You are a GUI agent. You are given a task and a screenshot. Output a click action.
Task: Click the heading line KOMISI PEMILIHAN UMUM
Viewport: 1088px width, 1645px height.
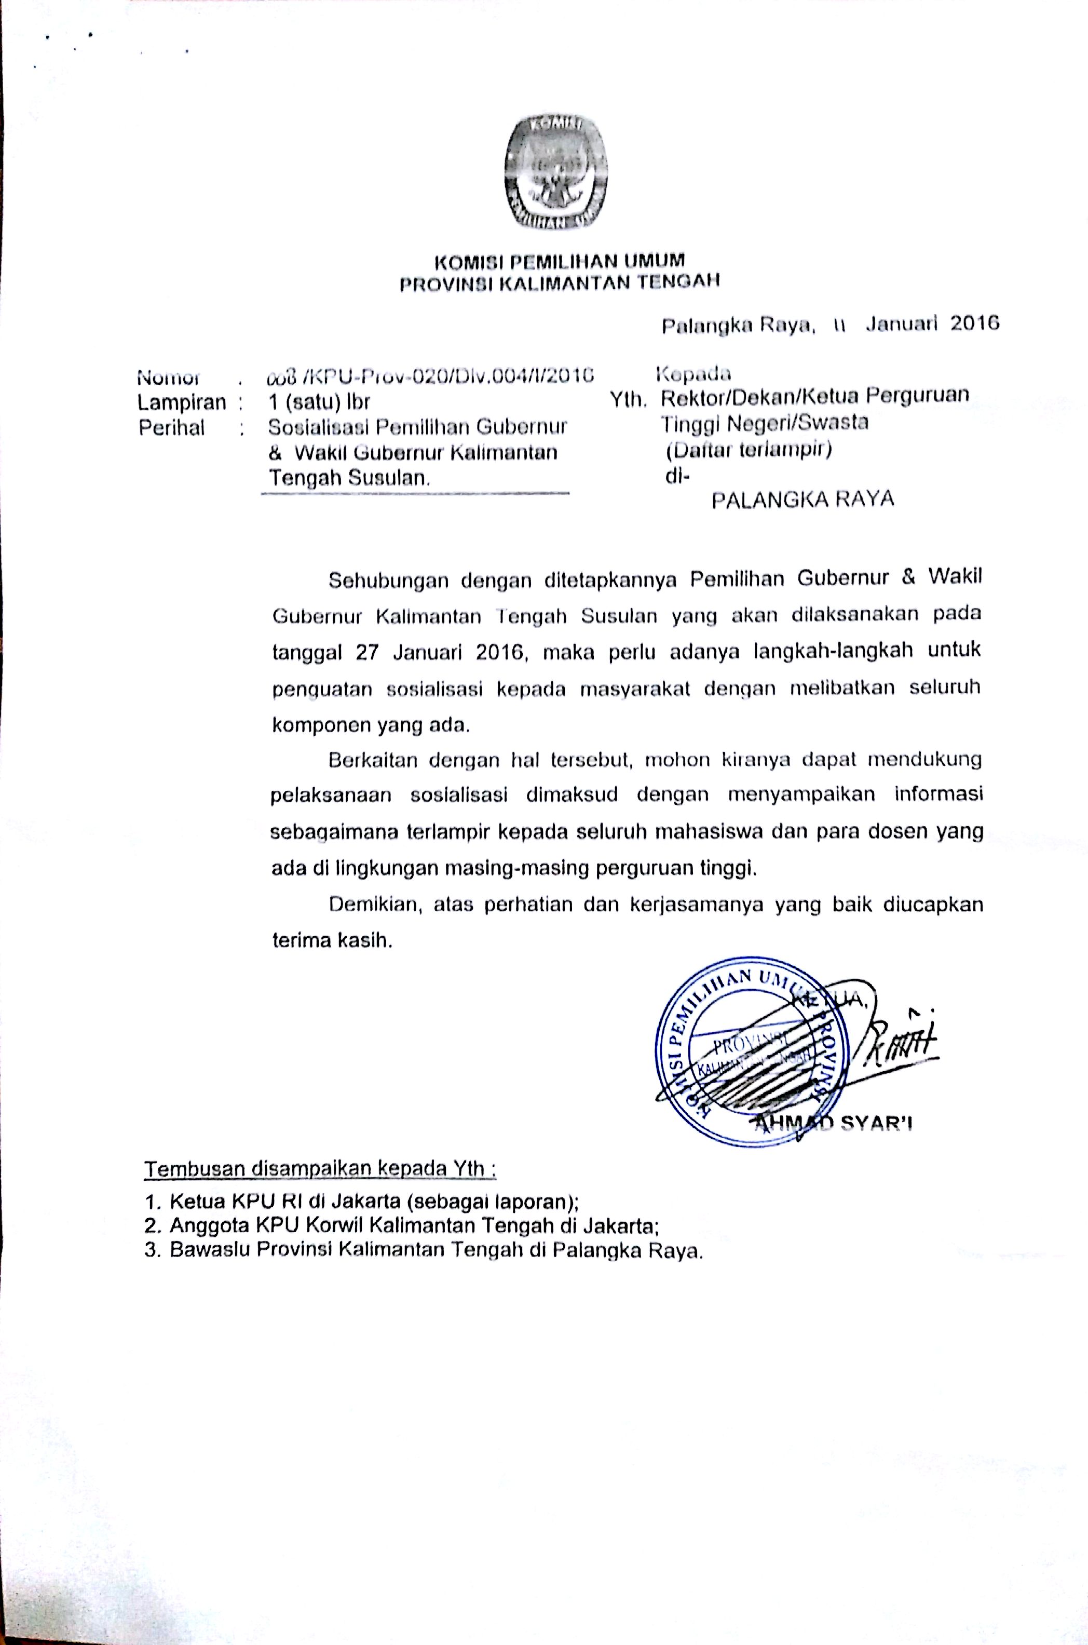pyautogui.click(x=559, y=262)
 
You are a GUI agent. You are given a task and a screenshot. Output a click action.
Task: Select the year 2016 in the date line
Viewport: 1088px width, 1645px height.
pyautogui.click(x=974, y=323)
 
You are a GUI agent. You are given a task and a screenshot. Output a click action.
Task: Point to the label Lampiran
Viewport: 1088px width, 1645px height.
pyautogui.click(x=182, y=402)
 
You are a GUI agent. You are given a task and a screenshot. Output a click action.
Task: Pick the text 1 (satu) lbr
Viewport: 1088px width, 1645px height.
pyautogui.click(x=319, y=402)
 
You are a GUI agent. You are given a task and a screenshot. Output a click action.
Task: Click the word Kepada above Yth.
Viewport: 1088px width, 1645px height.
pyautogui.click(x=693, y=375)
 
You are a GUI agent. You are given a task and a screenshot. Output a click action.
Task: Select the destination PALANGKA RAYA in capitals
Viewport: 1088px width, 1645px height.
pyautogui.click(x=803, y=500)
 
